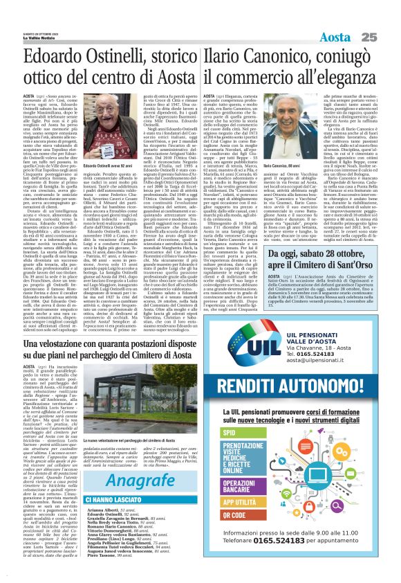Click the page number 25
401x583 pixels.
tap(386, 16)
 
